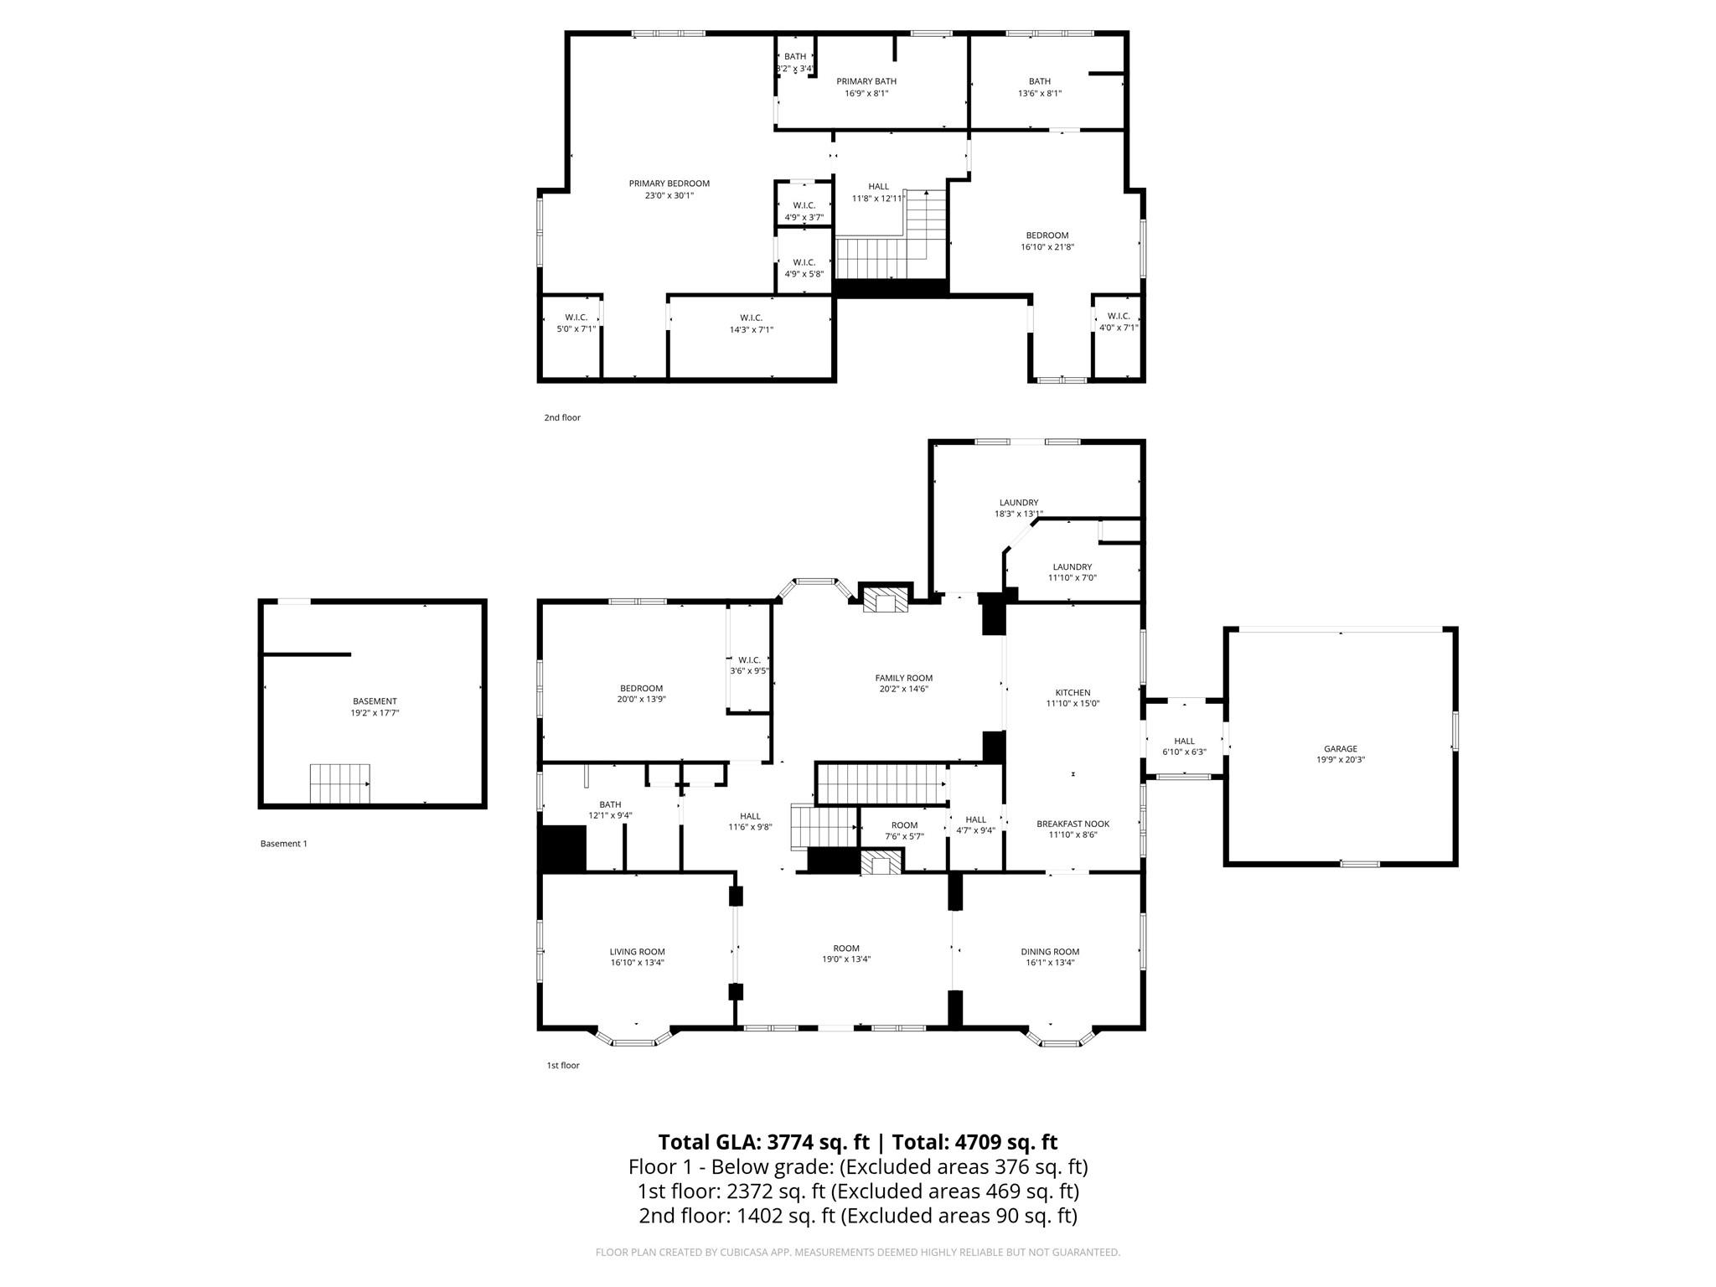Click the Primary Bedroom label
click(669, 183)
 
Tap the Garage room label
click(1341, 749)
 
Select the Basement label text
click(375, 701)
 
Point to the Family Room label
click(903, 678)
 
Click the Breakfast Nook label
click(1072, 824)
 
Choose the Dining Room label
click(1050, 951)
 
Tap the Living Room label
click(637, 951)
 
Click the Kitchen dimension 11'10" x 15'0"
click(1072, 704)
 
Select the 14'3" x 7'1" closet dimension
click(751, 329)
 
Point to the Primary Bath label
click(866, 81)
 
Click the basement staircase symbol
click(340, 783)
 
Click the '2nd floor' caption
click(562, 417)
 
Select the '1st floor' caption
click(563, 1065)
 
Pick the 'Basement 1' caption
click(284, 844)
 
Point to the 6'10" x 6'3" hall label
click(1184, 752)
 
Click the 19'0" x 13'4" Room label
click(846, 959)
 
